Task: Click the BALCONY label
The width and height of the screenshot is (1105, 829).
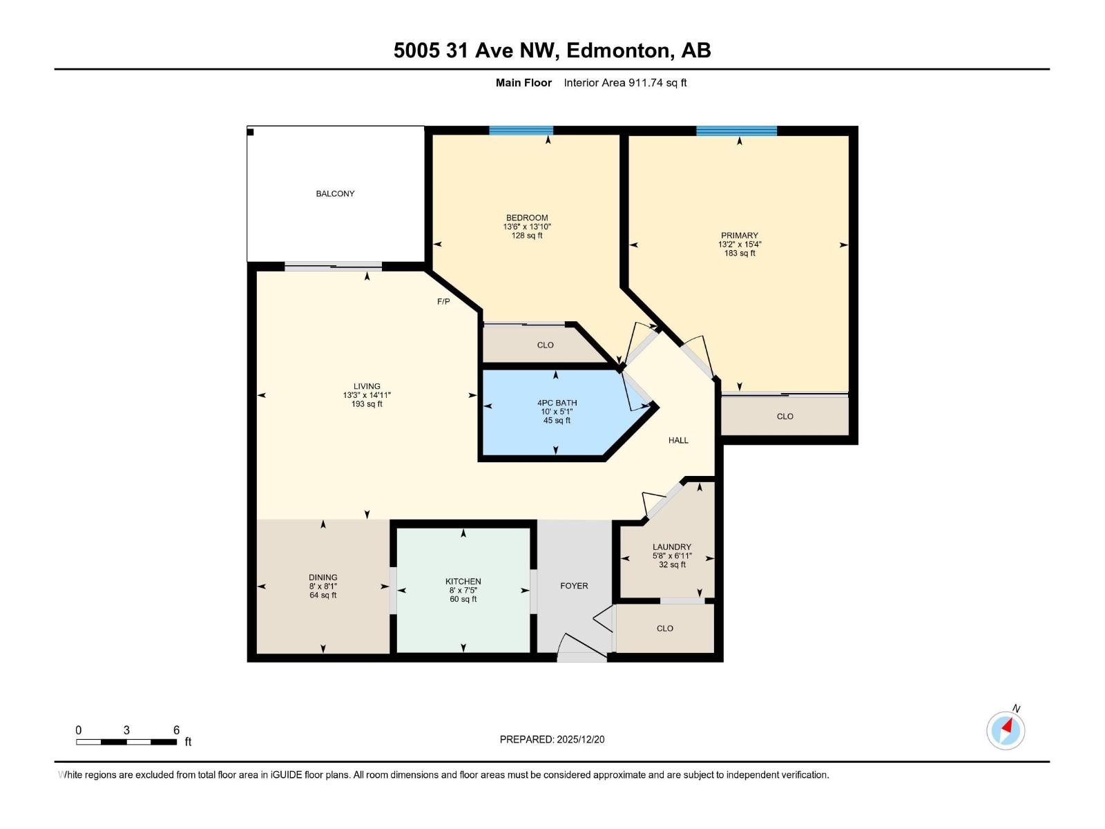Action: tap(335, 193)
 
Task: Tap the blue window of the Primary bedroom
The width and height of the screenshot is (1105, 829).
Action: tap(736, 131)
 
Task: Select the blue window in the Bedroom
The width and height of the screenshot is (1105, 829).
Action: tap(521, 131)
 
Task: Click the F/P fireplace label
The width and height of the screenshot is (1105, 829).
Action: tap(443, 301)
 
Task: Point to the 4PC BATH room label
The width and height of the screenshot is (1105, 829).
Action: tap(557, 403)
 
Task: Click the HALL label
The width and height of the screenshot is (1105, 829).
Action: tap(678, 440)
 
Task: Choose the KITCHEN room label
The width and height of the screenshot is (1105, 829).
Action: tap(463, 582)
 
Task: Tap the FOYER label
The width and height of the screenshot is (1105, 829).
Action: tap(574, 586)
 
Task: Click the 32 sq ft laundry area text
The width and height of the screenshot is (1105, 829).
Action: tap(672, 564)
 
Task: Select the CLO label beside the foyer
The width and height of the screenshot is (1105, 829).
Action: tap(664, 628)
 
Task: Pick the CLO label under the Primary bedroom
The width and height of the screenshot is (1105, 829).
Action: tap(785, 417)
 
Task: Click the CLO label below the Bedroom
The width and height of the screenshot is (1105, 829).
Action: tap(545, 345)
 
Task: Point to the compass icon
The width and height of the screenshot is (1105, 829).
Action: tap(1006, 730)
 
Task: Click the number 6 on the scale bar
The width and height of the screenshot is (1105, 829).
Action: tap(176, 730)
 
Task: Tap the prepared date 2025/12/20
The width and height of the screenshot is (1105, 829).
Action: tap(580, 739)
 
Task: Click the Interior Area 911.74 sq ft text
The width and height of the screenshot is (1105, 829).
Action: tap(625, 83)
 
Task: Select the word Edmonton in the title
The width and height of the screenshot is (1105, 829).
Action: tap(618, 50)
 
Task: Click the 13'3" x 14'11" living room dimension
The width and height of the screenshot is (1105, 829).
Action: tap(367, 395)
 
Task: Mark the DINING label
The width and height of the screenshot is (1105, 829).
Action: tap(323, 578)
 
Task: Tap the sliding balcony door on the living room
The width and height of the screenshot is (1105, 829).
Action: tap(333, 266)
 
